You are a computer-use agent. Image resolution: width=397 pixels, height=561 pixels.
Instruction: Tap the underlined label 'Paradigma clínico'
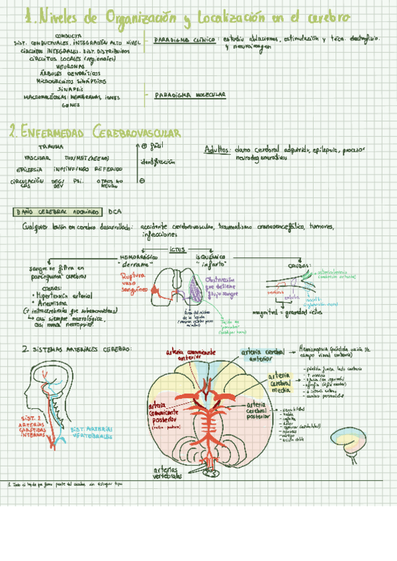click(184, 40)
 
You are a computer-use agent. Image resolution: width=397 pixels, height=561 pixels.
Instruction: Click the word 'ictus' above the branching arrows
click(177, 249)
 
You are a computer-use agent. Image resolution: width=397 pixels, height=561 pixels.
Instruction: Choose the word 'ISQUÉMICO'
click(210, 256)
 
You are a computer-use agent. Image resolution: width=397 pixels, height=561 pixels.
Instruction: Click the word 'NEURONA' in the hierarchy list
click(69, 67)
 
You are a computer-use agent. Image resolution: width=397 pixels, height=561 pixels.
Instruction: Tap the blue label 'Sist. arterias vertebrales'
click(91, 433)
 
